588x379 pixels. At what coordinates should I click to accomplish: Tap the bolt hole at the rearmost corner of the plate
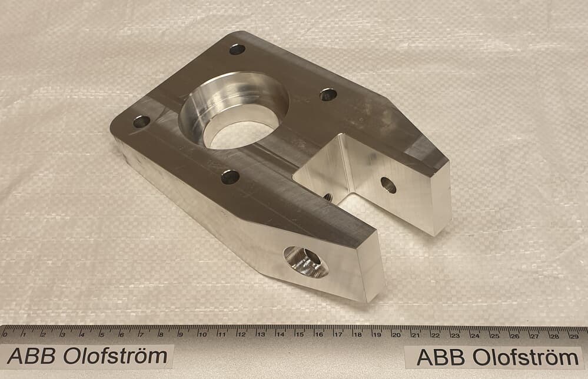coord(237,49)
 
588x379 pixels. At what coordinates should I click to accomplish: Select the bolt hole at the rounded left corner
coord(141,121)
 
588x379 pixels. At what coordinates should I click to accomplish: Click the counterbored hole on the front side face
coord(305,262)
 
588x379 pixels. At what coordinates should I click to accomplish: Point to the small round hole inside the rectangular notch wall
coord(388,185)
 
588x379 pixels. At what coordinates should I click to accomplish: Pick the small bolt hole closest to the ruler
coord(230,177)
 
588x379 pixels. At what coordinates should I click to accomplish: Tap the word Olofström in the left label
coord(115,356)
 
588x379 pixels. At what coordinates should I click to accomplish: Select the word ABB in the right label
coord(441,358)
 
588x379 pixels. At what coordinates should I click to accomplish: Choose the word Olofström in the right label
coord(526,358)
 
